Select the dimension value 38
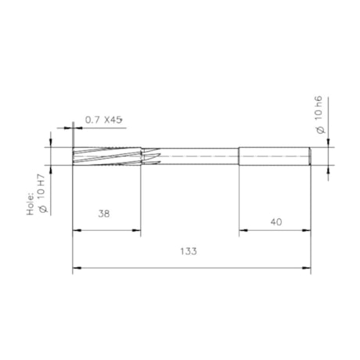coord(104,214)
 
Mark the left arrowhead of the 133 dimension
coord(75,268)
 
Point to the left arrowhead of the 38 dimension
coord(75,231)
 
